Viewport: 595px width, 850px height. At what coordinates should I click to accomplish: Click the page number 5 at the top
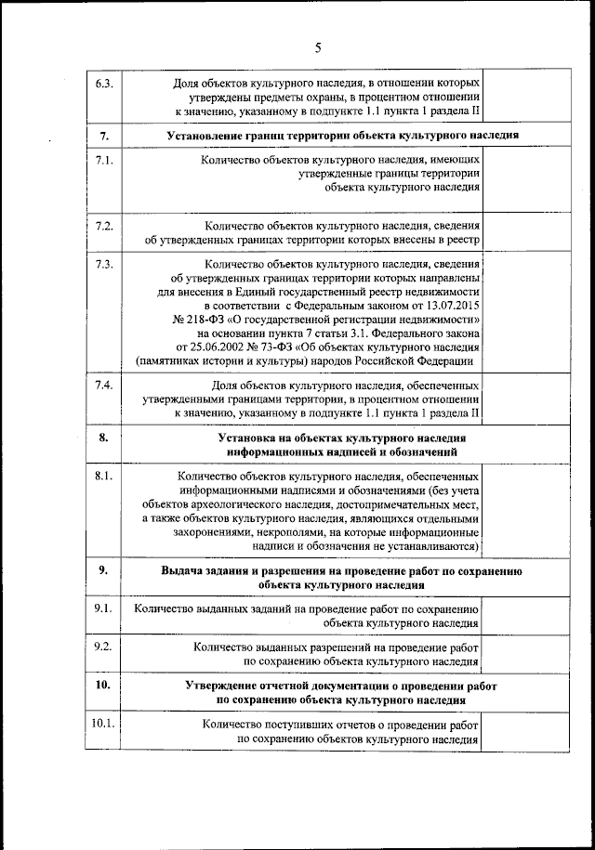(317, 47)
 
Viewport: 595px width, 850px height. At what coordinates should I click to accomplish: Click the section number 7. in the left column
(104, 136)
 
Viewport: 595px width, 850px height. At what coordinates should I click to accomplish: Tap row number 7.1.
(104, 161)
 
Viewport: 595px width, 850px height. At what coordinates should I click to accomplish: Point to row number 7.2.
(104, 226)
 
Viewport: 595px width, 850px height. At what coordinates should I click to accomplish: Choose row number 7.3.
(104, 265)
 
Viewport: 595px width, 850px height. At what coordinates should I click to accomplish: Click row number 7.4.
(104, 385)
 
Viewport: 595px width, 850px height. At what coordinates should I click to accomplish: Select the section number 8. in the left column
(104, 438)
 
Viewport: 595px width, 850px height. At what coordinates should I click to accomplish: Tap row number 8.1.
(104, 476)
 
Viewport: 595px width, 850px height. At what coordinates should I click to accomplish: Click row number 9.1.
(104, 609)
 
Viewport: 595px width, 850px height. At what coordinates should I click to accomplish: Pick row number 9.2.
(104, 647)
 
